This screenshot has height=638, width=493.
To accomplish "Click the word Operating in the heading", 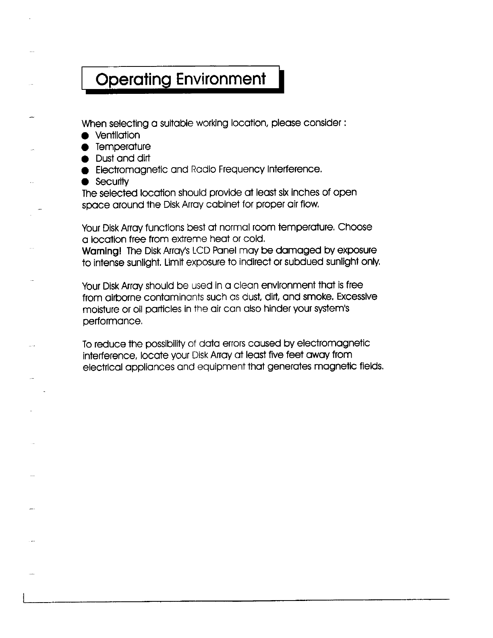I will coord(128,79).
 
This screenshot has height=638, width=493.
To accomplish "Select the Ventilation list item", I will coord(118,135).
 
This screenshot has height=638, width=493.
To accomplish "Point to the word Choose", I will coord(355,227).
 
